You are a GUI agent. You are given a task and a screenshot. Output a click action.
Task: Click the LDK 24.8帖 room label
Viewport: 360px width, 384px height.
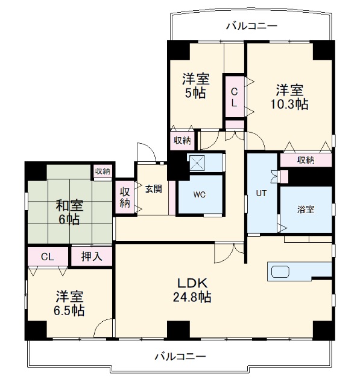pos(192,290)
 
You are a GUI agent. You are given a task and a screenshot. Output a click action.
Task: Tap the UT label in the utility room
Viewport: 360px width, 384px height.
pos(261,194)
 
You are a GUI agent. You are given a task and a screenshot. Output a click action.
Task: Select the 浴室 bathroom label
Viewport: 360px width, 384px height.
pos(306,210)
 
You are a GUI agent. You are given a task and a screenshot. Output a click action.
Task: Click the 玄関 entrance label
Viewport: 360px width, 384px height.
pos(153,188)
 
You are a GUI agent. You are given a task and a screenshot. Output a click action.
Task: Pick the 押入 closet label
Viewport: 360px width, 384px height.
pos(92,256)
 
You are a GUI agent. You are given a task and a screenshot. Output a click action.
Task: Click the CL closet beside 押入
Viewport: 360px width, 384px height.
pos(48,256)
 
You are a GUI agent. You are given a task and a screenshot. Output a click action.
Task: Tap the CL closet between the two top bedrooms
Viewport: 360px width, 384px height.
pos(234,97)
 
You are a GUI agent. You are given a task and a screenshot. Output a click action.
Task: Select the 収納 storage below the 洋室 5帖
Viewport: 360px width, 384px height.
pos(182,141)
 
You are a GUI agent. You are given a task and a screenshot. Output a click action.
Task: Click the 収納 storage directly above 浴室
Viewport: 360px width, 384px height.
pos(305,160)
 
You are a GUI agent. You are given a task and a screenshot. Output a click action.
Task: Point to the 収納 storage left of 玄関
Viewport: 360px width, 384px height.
pos(125,197)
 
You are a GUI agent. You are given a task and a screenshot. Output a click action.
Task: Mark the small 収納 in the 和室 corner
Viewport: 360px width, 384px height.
pos(103,171)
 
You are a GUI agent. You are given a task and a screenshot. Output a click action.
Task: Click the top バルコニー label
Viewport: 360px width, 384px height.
pos(251,26)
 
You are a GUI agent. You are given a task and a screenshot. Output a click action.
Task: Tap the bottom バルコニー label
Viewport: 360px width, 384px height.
pos(179,356)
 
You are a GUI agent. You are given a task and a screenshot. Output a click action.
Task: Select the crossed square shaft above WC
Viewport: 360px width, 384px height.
pos(197,162)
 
